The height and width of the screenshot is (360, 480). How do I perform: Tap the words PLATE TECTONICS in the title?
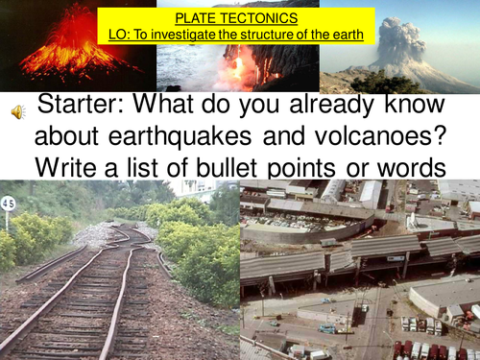pyautogui.click(x=236, y=17)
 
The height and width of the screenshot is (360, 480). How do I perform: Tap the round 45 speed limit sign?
pyautogui.click(x=10, y=204)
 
